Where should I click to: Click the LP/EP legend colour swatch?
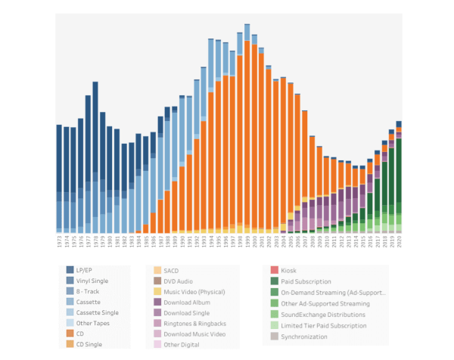coord(70,269)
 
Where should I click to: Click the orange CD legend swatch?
coord(70,334)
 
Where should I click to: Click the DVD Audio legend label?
coord(181,280)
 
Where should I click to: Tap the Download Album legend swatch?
coord(157,302)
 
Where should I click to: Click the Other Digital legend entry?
coord(182,344)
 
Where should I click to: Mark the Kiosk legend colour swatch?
coord(275,270)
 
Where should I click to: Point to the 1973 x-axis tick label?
coord(59,243)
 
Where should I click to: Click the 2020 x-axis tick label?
coord(399,243)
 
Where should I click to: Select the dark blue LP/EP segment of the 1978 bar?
coord(95,129)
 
